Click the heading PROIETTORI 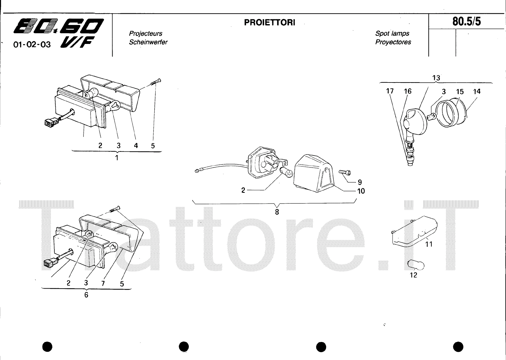pos(269,22)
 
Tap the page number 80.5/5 pos(467,21)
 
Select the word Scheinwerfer pos(148,42)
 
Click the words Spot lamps pos(392,34)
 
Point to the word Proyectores pos(393,42)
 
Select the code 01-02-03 pos(32,45)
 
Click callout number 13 pos(436,78)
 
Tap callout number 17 pos(390,91)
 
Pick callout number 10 pos(361,191)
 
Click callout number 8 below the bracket pos(277,212)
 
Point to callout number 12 pos(413,275)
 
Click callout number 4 pos(136,146)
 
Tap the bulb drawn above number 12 pos(416,265)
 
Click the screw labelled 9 pos(345,173)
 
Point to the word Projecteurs pos(145,34)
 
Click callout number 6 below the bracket pos(86,295)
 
